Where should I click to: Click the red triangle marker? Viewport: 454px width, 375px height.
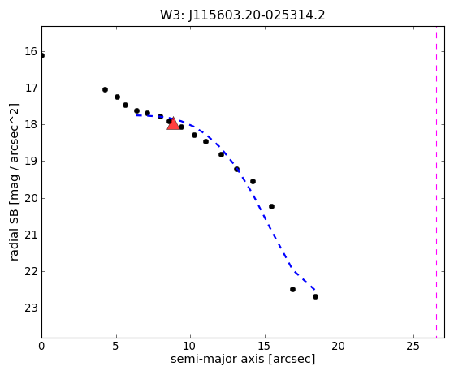coord(173,124)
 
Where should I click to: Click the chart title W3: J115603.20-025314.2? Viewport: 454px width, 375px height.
coord(243,15)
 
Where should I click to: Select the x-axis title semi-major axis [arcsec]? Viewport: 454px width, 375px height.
coord(243,360)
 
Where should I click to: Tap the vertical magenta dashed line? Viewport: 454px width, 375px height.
coord(436,182)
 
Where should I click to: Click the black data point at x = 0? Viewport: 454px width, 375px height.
coord(42,55)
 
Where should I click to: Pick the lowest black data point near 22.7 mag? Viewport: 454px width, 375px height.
coord(315,296)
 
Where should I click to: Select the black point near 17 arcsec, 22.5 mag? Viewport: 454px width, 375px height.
coord(292,289)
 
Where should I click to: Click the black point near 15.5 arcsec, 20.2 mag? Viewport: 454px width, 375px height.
coord(271,207)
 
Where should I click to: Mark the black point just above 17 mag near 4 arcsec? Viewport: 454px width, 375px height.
coord(105,90)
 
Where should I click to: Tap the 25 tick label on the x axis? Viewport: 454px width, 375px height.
coord(413,346)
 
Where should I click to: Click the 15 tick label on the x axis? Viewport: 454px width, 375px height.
coord(264,346)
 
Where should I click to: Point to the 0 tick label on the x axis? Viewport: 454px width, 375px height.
coord(41,346)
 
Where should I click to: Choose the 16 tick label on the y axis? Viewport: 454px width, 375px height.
coord(31,51)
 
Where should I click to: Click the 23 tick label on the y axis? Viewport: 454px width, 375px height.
coord(31,308)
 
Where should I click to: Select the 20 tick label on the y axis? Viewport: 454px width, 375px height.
coord(31,198)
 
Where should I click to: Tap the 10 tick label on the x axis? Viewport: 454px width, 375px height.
coord(190,346)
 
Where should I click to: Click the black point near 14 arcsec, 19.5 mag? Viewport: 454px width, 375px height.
coord(253,182)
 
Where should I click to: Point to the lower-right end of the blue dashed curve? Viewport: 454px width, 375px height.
coord(315,290)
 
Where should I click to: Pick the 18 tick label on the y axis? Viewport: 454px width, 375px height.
coord(31,125)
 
